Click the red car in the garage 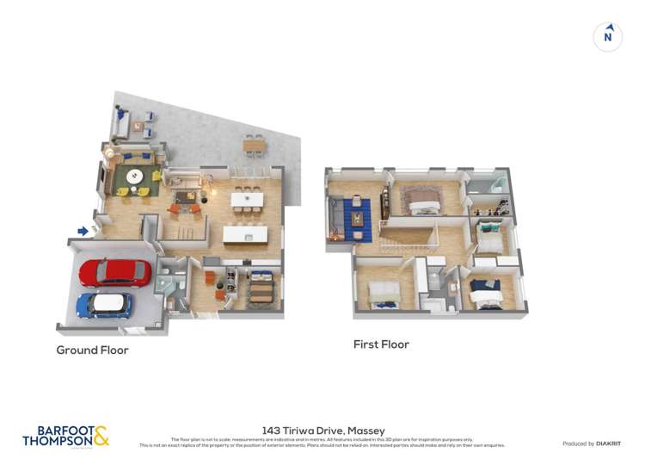coord(114,272)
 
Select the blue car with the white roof coord(104,305)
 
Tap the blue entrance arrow coord(83,231)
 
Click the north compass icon coord(608,36)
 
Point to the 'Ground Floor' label coord(92,350)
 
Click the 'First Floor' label coord(381,344)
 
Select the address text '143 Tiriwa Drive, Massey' coord(322,430)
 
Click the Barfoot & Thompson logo coord(65,436)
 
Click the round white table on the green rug coord(134,177)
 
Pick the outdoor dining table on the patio coord(254,145)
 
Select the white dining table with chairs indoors coord(247,200)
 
